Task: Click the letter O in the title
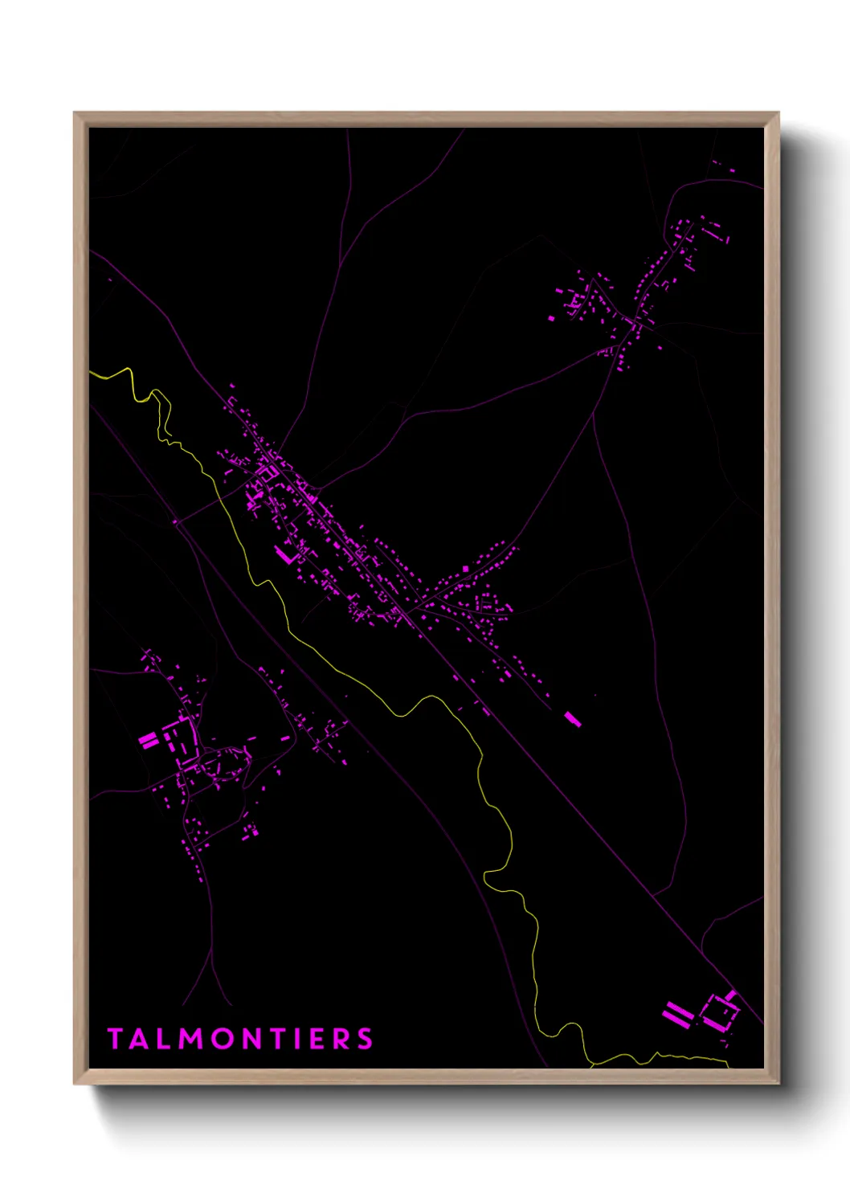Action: click(224, 1039)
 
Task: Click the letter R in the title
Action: click(343, 1039)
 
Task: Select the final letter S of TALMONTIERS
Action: click(366, 1039)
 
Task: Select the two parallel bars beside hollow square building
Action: click(677, 1014)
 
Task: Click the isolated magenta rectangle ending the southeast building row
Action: click(573, 719)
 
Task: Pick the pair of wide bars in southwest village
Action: click(149, 740)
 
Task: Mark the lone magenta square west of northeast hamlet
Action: click(551, 319)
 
